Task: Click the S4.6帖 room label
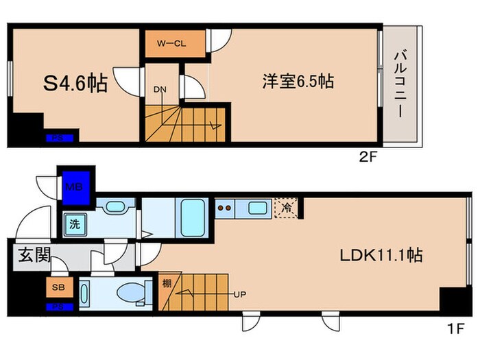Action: tap(75, 84)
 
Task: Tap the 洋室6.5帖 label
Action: tap(297, 81)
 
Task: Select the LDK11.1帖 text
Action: tap(381, 255)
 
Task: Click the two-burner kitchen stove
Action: tap(226, 206)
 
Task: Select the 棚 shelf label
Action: tap(167, 282)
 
